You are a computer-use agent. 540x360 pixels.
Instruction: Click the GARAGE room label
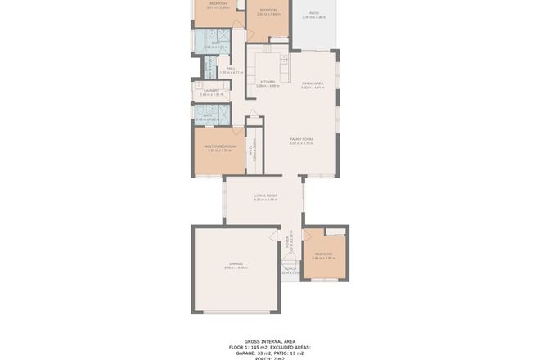(x=236, y=263)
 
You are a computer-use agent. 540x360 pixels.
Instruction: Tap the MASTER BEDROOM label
(x=221, y=146)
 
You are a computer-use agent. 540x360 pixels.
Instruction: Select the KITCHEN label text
(x=268, y=81)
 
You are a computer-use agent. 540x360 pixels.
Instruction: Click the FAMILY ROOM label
(x=302, y=140)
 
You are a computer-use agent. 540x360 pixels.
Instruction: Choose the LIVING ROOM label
(x=266, y=196)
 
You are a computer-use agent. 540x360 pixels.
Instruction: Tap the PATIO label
(x=313, y=12)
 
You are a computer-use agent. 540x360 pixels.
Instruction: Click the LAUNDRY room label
(x=210, y=91)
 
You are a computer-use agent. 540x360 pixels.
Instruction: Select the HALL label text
(x=220, y=69)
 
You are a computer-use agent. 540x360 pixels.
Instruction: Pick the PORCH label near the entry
(x=289, y=268)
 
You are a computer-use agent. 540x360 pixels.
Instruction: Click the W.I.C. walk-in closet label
(x=254, y=148)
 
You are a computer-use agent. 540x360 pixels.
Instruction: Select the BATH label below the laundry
(x=209, y=115)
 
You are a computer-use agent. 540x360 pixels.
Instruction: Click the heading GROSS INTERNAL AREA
(x=270, y=341)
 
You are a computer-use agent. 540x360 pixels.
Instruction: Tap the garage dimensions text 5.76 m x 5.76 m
(x=236, y=268)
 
